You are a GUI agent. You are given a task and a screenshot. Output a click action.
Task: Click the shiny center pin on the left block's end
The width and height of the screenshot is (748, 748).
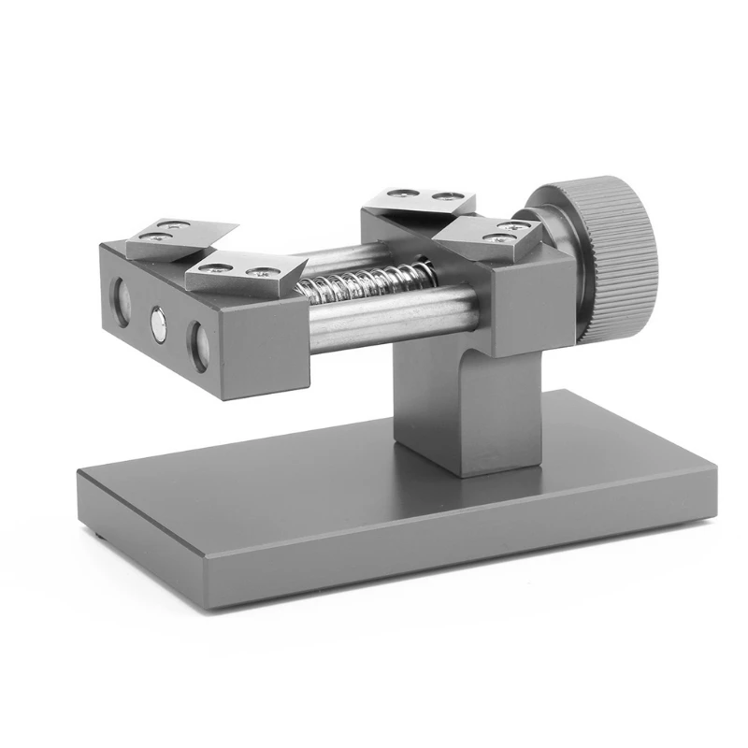pos(160,324)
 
